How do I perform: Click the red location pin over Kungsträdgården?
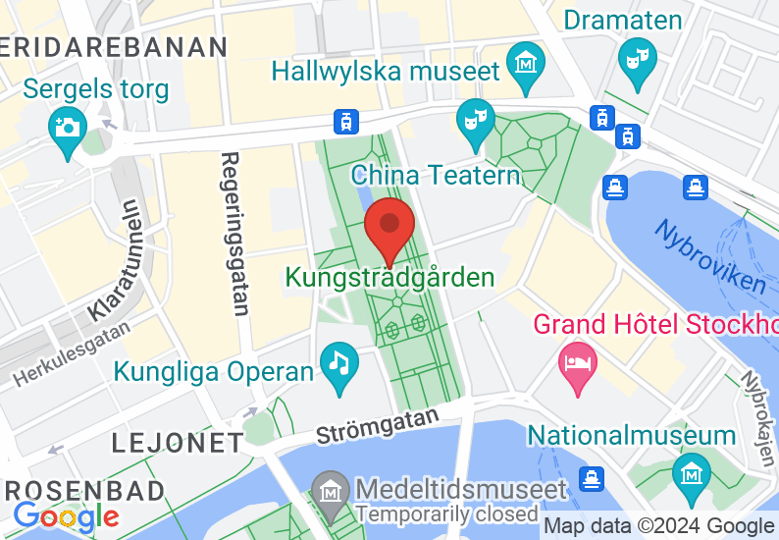pos(389,227)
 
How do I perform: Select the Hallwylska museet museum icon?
pos(527,61)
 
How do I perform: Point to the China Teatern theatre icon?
pos(476,122)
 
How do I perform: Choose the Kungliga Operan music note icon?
pos(339,365)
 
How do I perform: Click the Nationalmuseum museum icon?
pos(692,472)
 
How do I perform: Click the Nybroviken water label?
pos(710,255)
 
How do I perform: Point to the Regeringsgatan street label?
pos(234,233)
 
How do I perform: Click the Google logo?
pos(66,516)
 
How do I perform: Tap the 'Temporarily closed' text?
pos(446,513)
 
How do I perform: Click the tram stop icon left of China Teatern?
pos(345,122)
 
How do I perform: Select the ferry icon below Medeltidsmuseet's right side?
pos(591,479)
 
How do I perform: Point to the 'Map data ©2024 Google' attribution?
pos(658,526)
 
